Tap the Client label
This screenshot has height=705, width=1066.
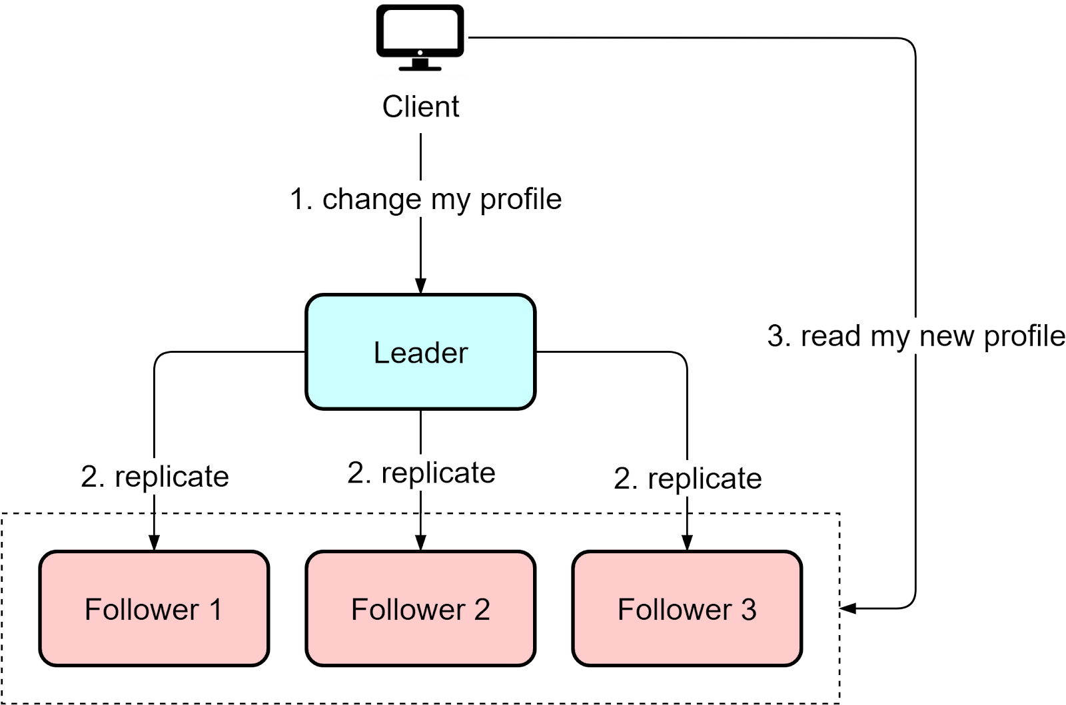click(x=420, y=107)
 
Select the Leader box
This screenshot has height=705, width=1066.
click(x=420, y=352)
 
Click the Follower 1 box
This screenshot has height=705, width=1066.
click(x=154, y=608)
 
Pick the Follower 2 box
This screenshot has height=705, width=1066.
click(x=420, y=608)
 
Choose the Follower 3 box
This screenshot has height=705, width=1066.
click(x=687, y=608)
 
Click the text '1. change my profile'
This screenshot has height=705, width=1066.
click(x=425, y=198)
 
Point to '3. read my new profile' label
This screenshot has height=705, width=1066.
click(x=916, y=336)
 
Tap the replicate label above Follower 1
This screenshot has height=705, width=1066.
click(x=155, y=476)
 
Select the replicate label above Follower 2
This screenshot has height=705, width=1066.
click(x=421, y=472)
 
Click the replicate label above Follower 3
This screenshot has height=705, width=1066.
click(x=688, y=478)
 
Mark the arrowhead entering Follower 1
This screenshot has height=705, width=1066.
click(x=154, y=543)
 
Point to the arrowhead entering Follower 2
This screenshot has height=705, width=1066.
click(x=420, y=543)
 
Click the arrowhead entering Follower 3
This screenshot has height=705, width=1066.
click(x=687, y=543)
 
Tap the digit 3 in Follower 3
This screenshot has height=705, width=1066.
click(x=749, y=610)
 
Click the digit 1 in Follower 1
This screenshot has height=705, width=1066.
click(x=215, y=610)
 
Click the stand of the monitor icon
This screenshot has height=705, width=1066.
click(x=420, y=65)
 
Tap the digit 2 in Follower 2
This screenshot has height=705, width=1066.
click(x=482, y=610)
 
